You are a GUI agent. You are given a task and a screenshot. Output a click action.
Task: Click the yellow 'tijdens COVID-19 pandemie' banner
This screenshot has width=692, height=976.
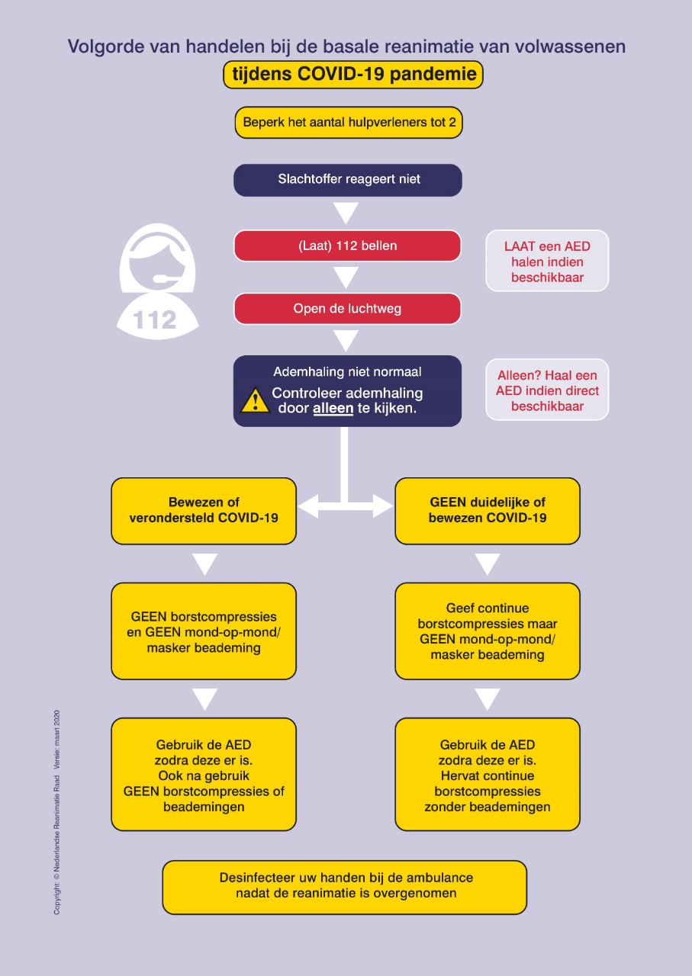(x=353, y=75)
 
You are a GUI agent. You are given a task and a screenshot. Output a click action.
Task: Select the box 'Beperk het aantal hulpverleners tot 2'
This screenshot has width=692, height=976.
(x=349, y=122)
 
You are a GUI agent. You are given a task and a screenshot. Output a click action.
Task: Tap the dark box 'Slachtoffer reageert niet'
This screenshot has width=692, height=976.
(x=348, y=180)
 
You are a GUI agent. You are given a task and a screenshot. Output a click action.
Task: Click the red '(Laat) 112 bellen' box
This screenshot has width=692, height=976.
(x=347, y=246)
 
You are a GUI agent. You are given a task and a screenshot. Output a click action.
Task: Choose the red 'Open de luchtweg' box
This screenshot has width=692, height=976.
(x=347, y=309)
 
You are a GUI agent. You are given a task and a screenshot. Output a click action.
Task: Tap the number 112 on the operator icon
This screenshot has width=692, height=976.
(x=156, y=319)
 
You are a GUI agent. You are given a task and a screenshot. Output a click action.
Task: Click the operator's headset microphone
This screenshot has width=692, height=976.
(x=162, y=278)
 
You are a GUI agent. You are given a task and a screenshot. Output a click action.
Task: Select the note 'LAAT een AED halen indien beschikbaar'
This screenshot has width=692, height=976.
(x=547, y=262)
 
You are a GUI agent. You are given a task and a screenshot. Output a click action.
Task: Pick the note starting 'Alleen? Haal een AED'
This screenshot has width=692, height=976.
(x=547, y=390)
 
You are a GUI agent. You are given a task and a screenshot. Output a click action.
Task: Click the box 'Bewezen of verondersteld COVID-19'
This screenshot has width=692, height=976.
(x=204, y=511)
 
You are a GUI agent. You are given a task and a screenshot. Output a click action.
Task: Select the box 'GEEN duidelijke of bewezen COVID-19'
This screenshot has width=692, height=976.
(x=488, y=511)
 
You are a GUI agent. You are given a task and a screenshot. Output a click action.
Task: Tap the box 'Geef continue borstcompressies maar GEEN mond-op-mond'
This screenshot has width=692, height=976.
(x=488, y=631)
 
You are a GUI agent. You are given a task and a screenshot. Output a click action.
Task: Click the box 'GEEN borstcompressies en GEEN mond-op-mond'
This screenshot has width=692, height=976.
(x=204, y=631)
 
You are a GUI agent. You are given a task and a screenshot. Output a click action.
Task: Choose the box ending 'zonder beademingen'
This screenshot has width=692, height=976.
(x=488, y=775)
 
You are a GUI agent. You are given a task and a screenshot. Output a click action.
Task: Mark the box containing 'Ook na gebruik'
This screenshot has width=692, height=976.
(x=204, y=775)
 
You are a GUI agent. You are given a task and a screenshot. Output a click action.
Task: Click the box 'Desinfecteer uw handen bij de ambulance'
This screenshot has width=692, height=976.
(x=345, y=887)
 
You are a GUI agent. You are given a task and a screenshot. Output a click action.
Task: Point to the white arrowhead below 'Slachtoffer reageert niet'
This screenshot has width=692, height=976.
(x=346, y=212)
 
